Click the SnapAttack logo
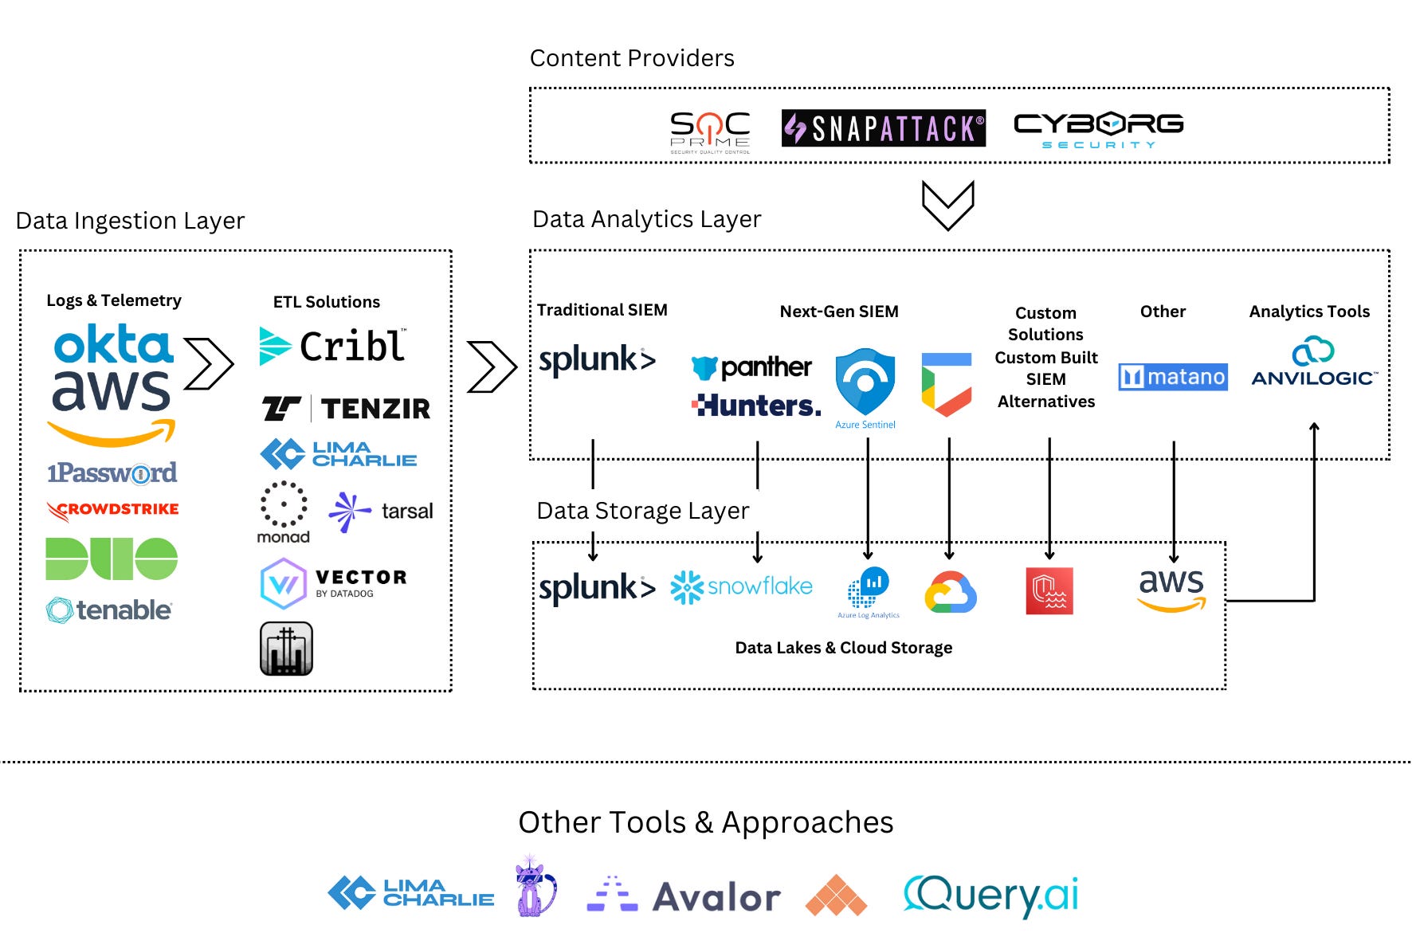[883, 128]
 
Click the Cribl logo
[333, 347]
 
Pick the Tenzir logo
[347, 409]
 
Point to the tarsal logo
[382, 512]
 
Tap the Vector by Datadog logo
[333, 583]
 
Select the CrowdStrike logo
[112, 510]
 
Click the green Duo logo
[112, 559]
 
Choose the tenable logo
[109, 610]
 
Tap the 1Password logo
[112, 473]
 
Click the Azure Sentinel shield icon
[865, 382]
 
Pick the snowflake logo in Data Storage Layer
[741, 587]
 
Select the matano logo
[1172, 377]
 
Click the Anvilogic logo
[1312, 364]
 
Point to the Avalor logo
[684, 896]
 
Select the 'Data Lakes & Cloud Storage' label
[843, 648]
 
